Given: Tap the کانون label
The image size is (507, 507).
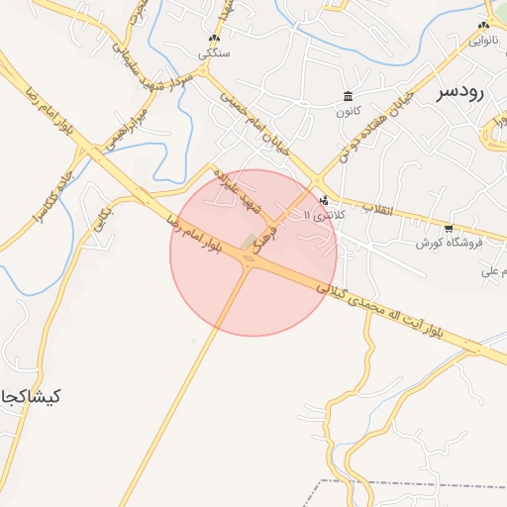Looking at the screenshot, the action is [x=347, y=111].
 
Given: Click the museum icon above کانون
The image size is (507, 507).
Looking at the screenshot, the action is [x=347, y=96].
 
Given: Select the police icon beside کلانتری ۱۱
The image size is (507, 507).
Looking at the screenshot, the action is [x=325, y=201].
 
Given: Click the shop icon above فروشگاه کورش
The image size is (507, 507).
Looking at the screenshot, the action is [x=449, y=229].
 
